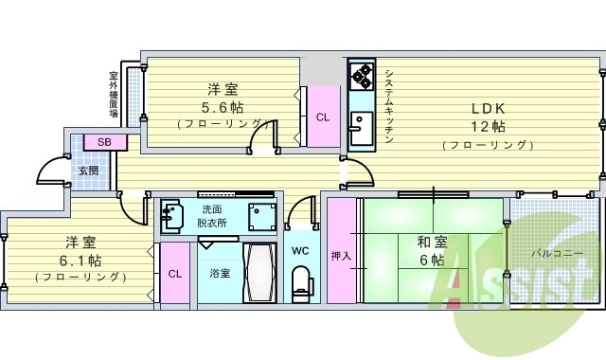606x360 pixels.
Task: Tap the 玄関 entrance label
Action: (x=88, y=171)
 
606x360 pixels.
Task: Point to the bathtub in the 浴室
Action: (x=258, y=272)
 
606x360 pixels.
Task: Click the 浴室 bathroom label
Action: (x=220, y=273)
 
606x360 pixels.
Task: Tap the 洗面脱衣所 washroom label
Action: (x=212, y=215)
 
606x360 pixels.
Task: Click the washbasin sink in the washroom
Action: (x=172, y=215)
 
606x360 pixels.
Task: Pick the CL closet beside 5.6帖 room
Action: (x=323, y=117)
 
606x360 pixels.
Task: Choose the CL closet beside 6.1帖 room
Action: (x=174, y=274)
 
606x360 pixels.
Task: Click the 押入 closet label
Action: (x=341, y=255)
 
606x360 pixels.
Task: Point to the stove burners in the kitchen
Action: (x=362, y=75)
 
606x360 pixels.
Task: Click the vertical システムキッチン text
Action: (x=388, y=104)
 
